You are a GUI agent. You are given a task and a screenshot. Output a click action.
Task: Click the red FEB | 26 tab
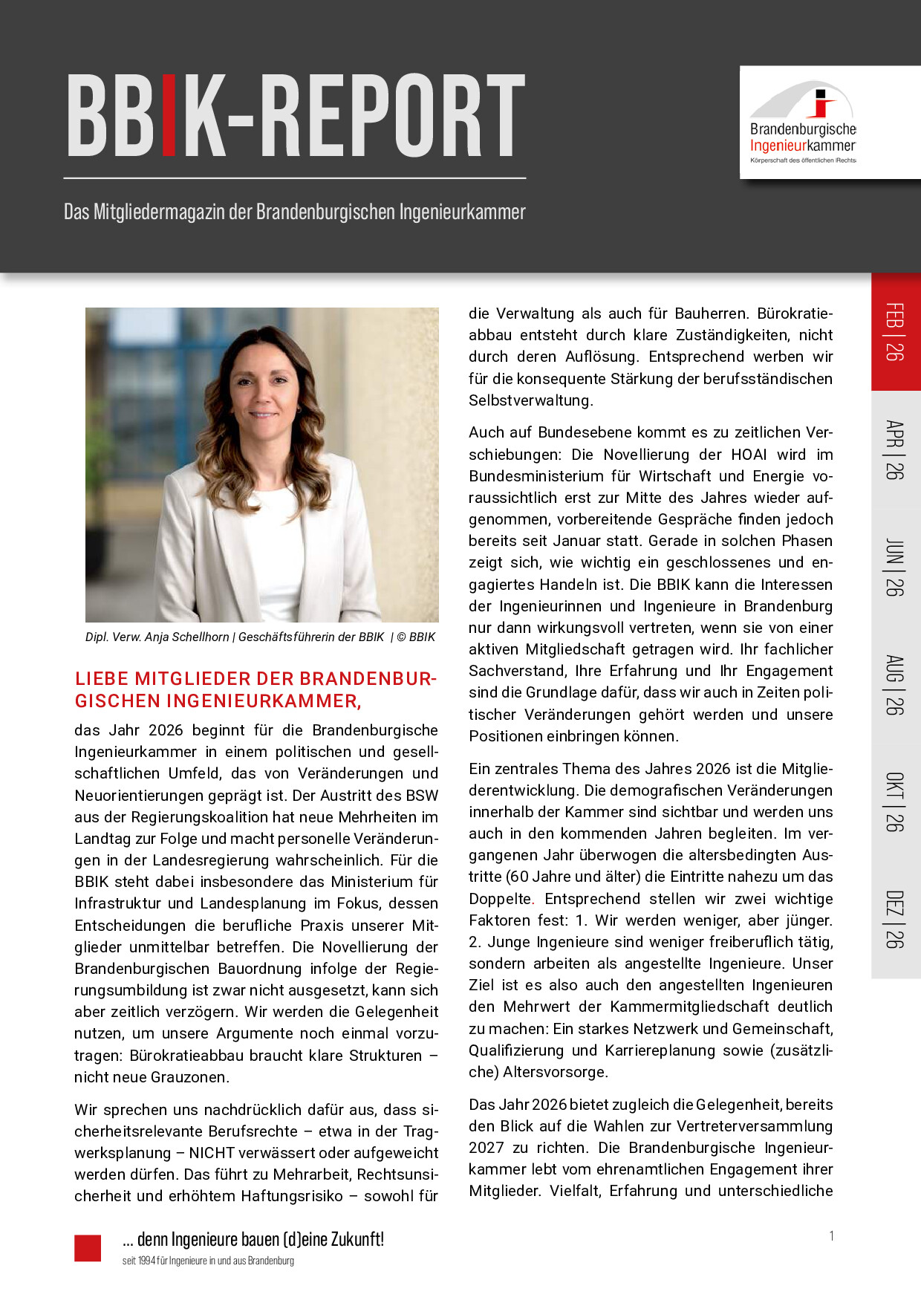(x=895, y=332)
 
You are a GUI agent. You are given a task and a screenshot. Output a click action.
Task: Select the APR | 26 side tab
(x=895, y=449)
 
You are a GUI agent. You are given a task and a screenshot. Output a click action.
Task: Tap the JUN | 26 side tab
(x=895, y=568)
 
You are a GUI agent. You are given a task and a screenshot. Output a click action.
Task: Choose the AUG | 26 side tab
(x=895, y=685)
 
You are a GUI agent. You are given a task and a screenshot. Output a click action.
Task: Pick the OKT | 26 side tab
(x=895, y=802)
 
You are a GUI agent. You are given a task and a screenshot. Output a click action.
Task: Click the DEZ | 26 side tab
(x=895, y=919)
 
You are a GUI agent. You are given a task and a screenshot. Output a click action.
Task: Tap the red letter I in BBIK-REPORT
(x=169, y=115)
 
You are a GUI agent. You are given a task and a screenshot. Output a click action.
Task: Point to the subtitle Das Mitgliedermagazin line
(x=294, y=212)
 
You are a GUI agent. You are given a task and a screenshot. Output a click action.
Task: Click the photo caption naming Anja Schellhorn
(x=260, y=637)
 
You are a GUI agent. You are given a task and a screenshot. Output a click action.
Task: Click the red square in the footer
(x=88, y=1248)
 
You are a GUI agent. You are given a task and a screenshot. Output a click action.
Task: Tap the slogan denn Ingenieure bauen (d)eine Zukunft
(x=253, y=1239)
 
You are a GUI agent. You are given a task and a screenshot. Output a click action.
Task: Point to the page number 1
(x=831, y=1236)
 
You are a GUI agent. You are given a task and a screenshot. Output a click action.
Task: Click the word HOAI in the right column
(x=749, y=455)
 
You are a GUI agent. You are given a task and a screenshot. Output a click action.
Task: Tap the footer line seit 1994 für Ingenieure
(x=208, y=1261)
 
